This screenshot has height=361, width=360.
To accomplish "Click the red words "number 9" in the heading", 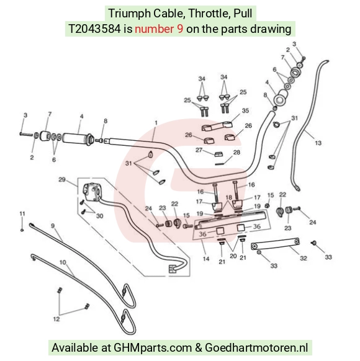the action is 159,29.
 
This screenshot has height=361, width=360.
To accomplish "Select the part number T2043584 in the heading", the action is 94,29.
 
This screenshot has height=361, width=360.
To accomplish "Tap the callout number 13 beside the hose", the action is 318,143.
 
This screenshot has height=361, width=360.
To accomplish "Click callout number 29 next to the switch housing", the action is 62,179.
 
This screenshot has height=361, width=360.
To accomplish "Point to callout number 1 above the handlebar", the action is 156,123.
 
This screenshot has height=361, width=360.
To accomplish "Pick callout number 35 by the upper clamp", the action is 245,110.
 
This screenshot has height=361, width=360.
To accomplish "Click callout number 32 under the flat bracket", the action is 304,258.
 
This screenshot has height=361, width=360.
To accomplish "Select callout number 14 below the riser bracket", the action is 206,259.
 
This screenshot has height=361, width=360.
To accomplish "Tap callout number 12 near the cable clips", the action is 56,319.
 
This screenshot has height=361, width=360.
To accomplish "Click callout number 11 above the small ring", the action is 22,213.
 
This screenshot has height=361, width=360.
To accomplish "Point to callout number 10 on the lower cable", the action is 63,262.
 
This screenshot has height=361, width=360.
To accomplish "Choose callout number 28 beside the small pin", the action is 236,152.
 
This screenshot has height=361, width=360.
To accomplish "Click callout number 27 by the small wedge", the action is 199,150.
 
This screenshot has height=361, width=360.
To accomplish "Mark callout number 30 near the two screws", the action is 99,216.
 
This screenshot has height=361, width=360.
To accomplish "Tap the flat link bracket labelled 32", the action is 275,244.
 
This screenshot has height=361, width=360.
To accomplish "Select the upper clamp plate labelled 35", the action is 217,126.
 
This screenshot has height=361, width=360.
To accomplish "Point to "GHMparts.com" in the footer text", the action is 153,347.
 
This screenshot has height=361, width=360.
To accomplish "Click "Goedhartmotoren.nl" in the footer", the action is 256,347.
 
